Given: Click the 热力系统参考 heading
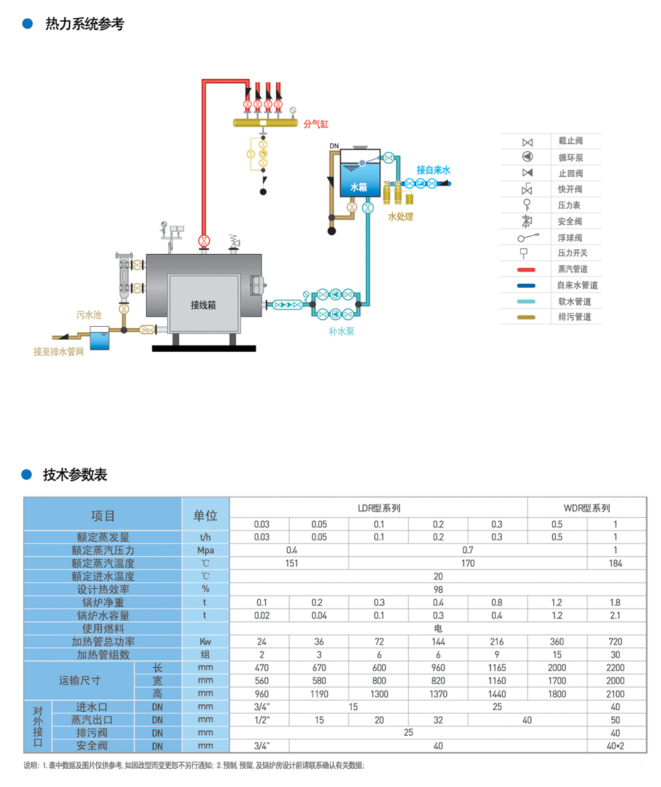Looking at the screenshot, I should pyautogui.click(x=84, y=24).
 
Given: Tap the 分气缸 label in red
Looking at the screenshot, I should pyautogui.click(x=315, y=124).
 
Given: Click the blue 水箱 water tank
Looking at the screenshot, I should pyautogui.click(x=358, y=182).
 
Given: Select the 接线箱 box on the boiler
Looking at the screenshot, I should pyautogui.click(x=203, y=305).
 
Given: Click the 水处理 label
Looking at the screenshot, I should pyautogui.click(x=400, y=216).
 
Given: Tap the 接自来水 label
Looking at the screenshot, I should pyautogui.click(x=433, y=170).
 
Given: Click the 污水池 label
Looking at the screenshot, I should pyautogui.click(x=88, y=314).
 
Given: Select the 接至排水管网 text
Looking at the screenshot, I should pyautogui.click(x=59, y=352).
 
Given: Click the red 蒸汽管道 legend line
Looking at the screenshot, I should pyautogui.click(x=526, y=270).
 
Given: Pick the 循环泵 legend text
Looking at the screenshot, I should pyautogui.click(x=570, y=157).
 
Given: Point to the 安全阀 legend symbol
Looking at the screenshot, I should pyautogui.click(x=527, y=221).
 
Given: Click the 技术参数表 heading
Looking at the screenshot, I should pyautogui.click(x=75, y=475).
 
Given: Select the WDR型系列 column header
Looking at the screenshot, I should pyautogui.click(x=586, y=508).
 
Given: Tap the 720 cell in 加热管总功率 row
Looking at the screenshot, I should pyautogui.click(x=616, y=641).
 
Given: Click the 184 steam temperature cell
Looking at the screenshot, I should pyautogui.click(x=616, y=563).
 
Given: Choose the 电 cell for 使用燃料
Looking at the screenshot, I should pyautogui.click(x=438, y=629).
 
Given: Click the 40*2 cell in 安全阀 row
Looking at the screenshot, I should pyautogui.click(x=616, y=746).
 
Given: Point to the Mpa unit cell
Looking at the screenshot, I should pyautogui.click(x=206, y=550).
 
